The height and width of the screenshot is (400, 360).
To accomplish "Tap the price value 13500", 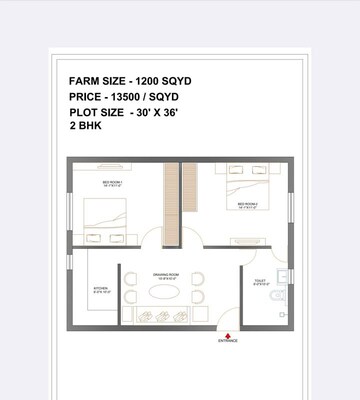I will tap(134, 96).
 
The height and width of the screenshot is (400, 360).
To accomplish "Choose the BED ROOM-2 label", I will tap(248, 204).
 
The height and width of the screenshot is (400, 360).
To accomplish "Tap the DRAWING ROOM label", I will tap(165, 273).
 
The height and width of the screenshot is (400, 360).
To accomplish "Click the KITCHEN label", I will tap(100, 289).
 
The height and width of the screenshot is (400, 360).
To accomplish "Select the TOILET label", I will tap(260, 283).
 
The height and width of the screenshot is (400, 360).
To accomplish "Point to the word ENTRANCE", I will tap(228, 343).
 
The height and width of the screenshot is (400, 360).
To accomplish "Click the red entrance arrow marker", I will tap(228, 335).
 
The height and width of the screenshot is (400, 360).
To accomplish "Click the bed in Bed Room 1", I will tap(105, 215).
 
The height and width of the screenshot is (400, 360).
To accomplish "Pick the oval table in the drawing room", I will tap(165, 295).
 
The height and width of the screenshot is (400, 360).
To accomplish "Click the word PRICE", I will tap(86, 96).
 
